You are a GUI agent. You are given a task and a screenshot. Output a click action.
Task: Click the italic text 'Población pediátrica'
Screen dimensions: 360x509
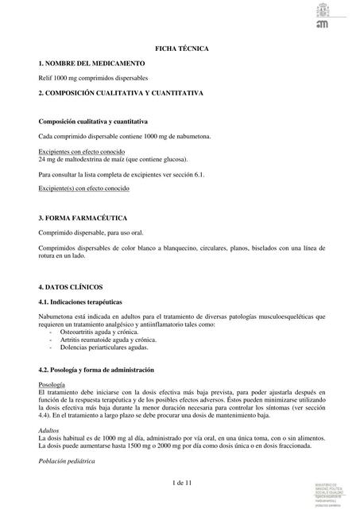(x=67, y=460)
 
